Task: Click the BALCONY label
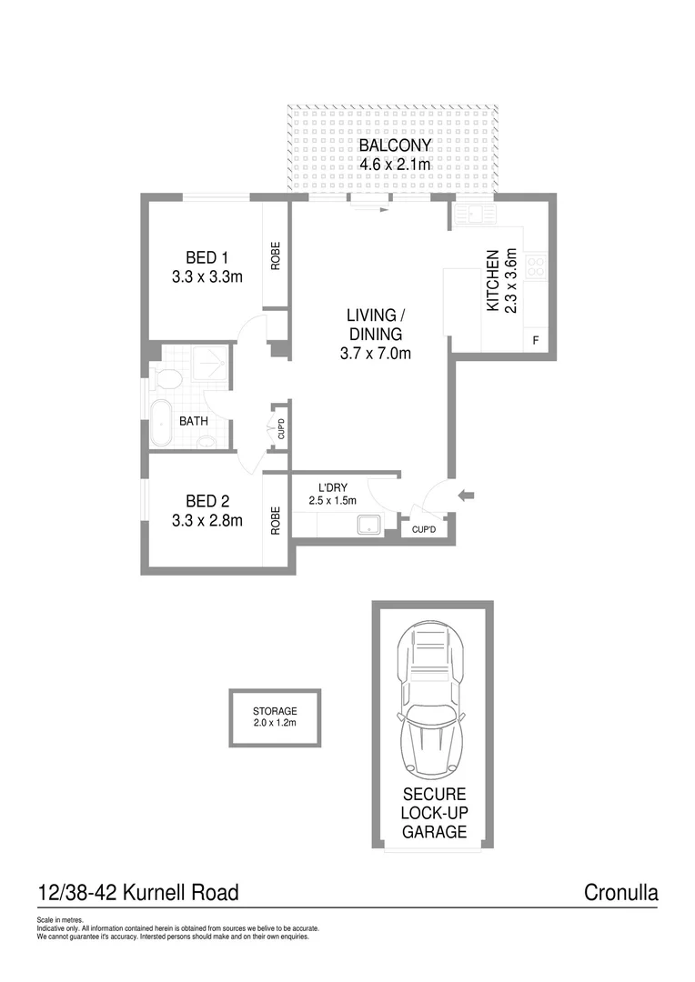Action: pos(394,145)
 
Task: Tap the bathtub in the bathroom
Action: pos(161,423)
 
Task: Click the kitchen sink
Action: pos(475,215)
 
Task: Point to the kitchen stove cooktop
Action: pos(535,267)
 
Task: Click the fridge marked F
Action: pos(535,340)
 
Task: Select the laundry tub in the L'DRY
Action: pos(368,524)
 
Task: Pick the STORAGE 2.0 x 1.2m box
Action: pos(275,717)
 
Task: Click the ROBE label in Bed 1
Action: pos(276,255)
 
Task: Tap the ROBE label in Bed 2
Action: pos(276,519)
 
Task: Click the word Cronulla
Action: pos(620,892)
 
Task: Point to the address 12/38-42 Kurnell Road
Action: pos(138,892)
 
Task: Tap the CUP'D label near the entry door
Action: pos(424,528)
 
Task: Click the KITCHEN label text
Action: pos(492,281)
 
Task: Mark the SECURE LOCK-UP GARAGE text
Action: pos(434,812)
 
